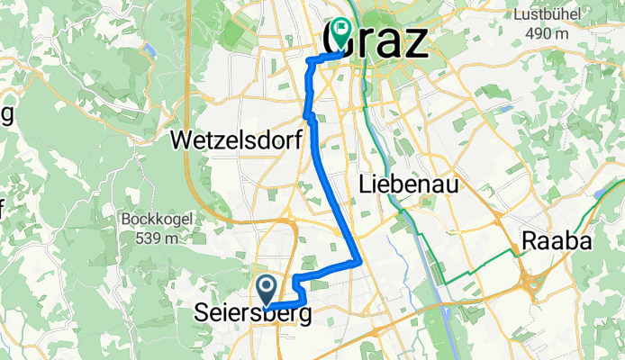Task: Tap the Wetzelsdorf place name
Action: tap(234, 140)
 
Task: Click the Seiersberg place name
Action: tap(254, 315)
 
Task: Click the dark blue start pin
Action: tap(267, 289)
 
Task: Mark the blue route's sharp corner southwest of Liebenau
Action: tap(360, 262)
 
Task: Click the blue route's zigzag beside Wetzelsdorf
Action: tap(309, 115)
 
